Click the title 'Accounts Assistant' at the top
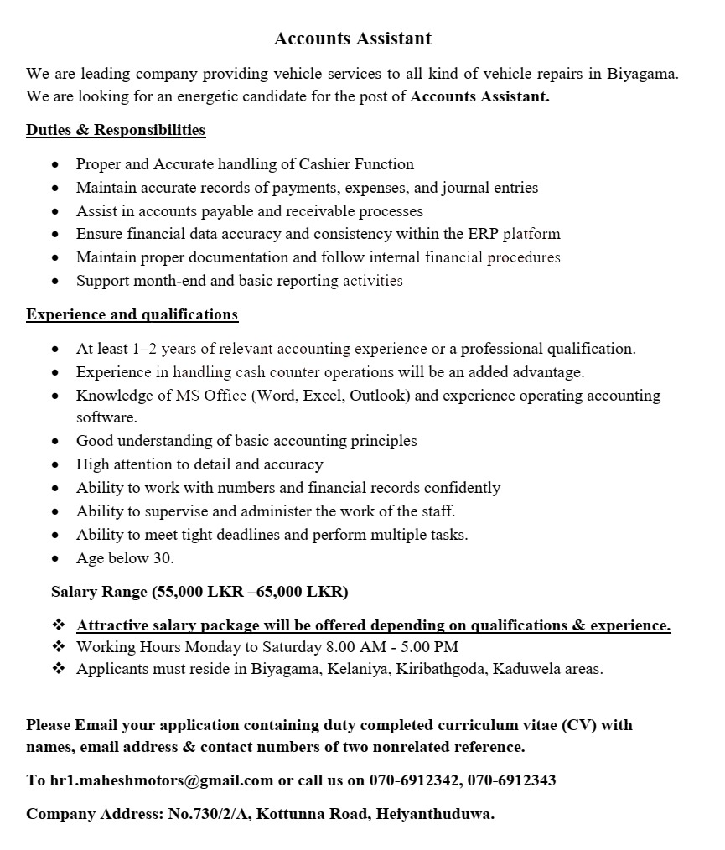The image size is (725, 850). (x=352, y=39)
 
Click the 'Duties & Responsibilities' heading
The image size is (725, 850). (x=116, y=130)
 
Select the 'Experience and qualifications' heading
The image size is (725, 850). (x=132, y=314)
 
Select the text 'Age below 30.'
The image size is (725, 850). (x=125, y=558)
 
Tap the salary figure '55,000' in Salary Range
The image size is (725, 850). (x=179, y=592)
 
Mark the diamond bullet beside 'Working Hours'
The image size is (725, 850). (x=59, y=647)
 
